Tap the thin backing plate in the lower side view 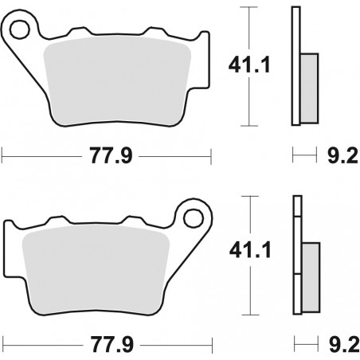coord(296,254)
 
